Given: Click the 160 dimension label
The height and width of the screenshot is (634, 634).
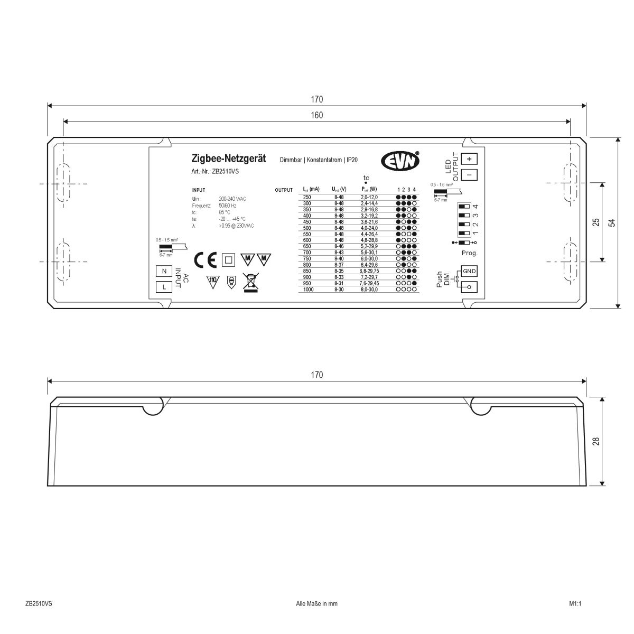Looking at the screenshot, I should pos(317,115).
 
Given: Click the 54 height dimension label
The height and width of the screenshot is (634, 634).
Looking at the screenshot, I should pos(612,222).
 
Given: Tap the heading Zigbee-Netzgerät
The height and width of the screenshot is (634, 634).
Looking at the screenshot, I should pos(228,158).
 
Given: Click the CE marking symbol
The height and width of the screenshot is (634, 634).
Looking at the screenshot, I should pos(206,260).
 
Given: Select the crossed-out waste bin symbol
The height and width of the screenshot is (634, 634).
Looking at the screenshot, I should pos(250,282).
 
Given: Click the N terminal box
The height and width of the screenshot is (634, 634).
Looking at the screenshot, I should pos(164,271).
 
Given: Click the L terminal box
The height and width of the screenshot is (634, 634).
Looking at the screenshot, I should pos(164,287).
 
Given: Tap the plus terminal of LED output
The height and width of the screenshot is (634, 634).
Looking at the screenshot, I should pos(469,158).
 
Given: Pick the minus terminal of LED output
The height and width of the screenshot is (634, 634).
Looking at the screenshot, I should pos(469,174).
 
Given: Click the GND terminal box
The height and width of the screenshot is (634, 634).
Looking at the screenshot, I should pos(469,271).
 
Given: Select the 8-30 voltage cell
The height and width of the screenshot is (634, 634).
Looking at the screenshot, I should pos(339,290).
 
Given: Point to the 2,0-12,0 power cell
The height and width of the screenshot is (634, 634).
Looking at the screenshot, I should pos(369,197).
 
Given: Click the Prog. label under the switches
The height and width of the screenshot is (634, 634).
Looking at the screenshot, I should pos(469,253).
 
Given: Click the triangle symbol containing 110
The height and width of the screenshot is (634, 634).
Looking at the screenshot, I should pos(212,281).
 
